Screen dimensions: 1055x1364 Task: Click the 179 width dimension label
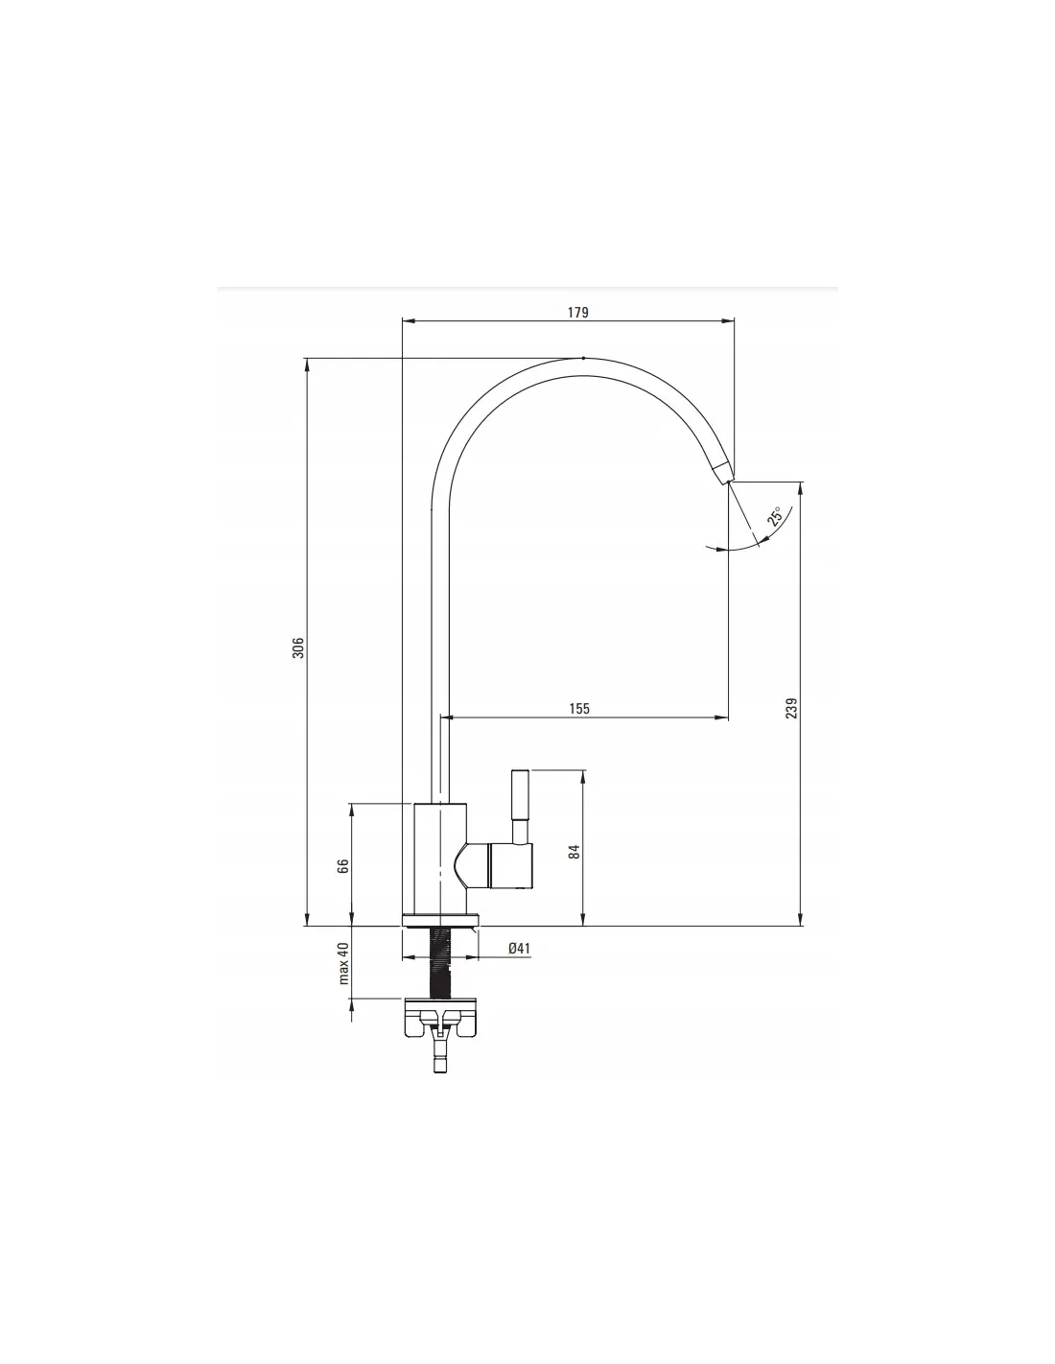click(x=578, y=312)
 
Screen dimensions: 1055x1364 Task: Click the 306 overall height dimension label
click(x=298, y=647)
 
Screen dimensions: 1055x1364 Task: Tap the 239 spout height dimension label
click(x=791, y=708)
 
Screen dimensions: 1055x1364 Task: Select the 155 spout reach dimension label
click(x=579, y=709)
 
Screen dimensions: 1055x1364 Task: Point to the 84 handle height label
click(x=574, y=852)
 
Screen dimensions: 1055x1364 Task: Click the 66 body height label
click(x=342, y=866)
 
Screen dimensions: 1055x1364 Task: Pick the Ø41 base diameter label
click(x=520, y=948)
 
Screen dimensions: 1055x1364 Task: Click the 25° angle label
click(x=775, y=515)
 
